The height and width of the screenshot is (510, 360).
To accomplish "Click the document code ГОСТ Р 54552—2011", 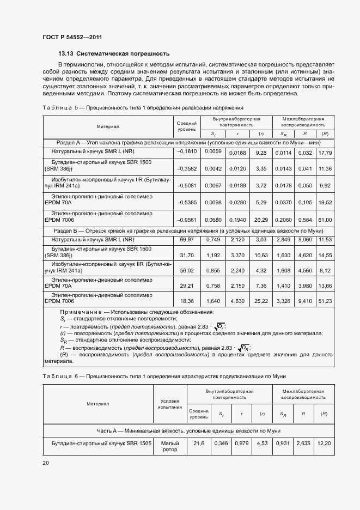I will [72, 37].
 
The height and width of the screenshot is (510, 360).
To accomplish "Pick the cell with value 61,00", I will [325, 219].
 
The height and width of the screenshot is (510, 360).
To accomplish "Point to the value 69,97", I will [186, 239].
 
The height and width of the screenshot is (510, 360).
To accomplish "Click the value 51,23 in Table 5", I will [325, 300].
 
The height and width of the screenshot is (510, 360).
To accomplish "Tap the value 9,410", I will [306, 300].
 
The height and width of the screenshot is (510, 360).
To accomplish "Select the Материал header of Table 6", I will [98, 404].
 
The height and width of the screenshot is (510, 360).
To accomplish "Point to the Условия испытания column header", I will [169, 404].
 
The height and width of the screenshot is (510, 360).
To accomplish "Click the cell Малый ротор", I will [169, 446].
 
